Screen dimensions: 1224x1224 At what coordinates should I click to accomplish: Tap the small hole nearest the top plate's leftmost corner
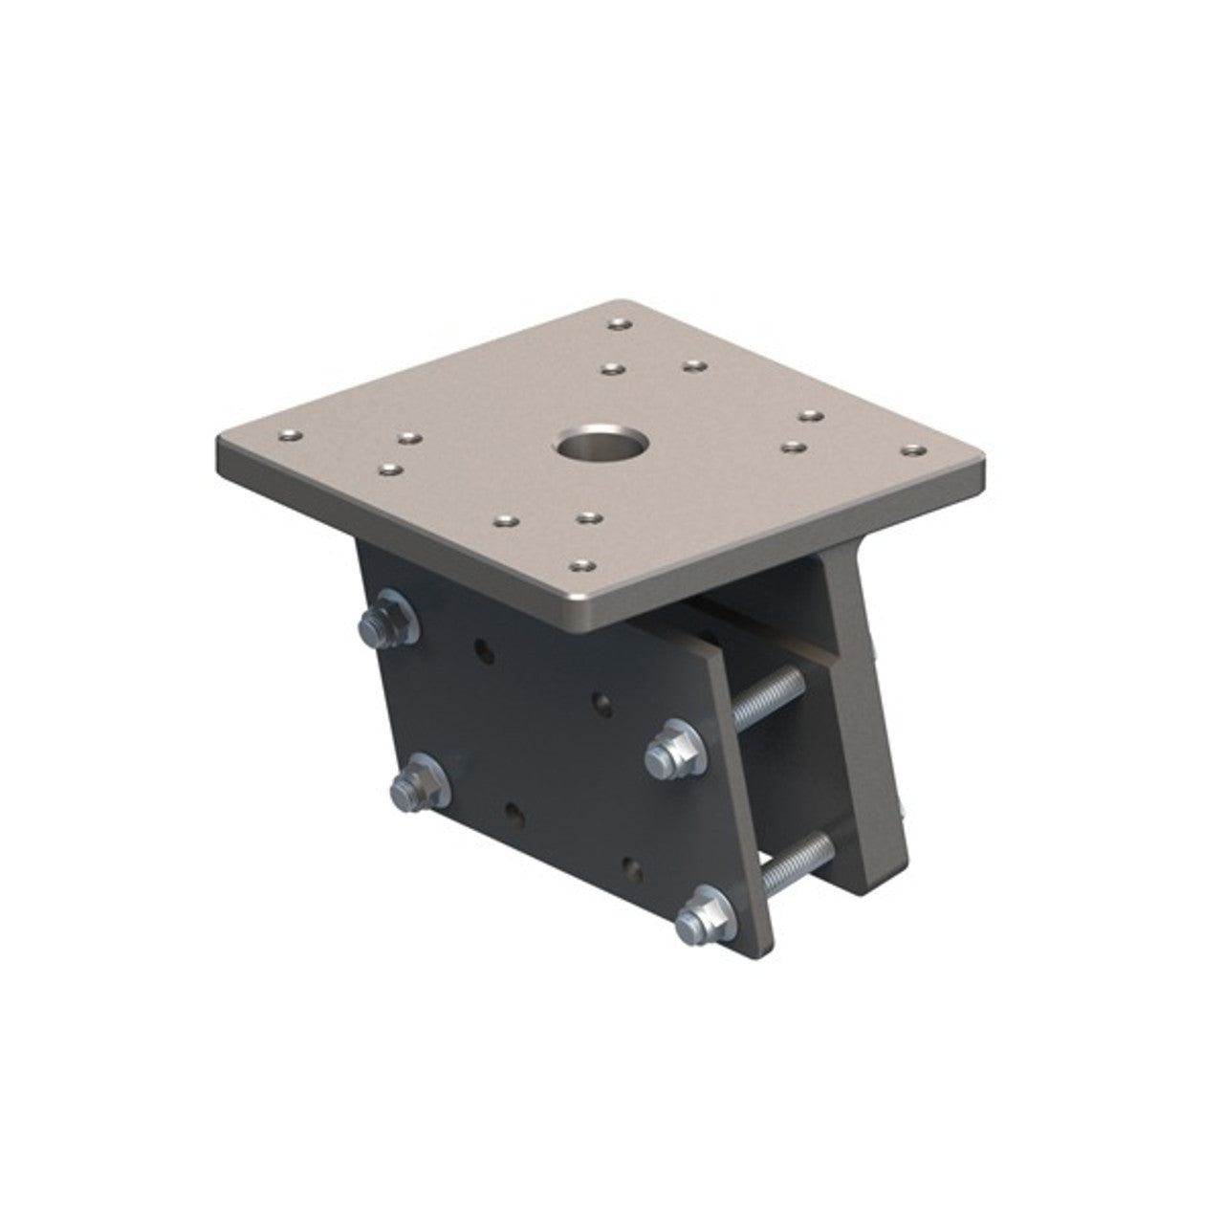pyautogui.click(x=285, y=436)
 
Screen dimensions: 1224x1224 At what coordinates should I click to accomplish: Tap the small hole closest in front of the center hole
pyautogui.click(x=586, y=517)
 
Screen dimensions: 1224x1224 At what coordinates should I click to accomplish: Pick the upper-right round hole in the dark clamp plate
pyautogui.click(x=602, y=707)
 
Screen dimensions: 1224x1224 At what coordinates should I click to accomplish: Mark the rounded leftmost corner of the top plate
pyautogui.click(x=225, y=446)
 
